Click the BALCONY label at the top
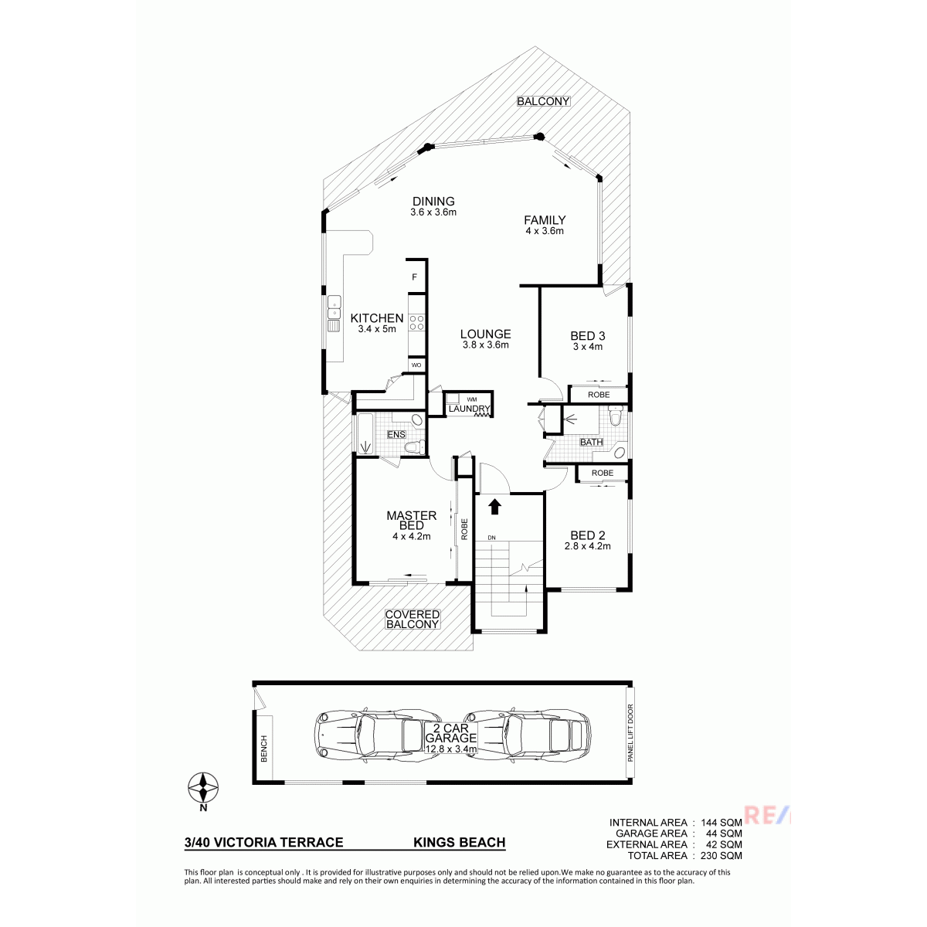click(543, 101)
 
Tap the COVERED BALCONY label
click(413, 619)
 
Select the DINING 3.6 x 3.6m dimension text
click(433, 212)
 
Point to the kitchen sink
click(334, 313)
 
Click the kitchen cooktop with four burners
click(416, 322)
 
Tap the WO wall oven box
click(416, 365)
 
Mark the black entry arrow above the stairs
click(495, 507)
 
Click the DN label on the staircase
click(491, 538)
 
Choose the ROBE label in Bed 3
click(599, 395)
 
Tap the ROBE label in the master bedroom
click(464, 529)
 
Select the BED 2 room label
click(587, 535)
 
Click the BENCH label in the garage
click(263, 749)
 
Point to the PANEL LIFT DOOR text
click(630, 733)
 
